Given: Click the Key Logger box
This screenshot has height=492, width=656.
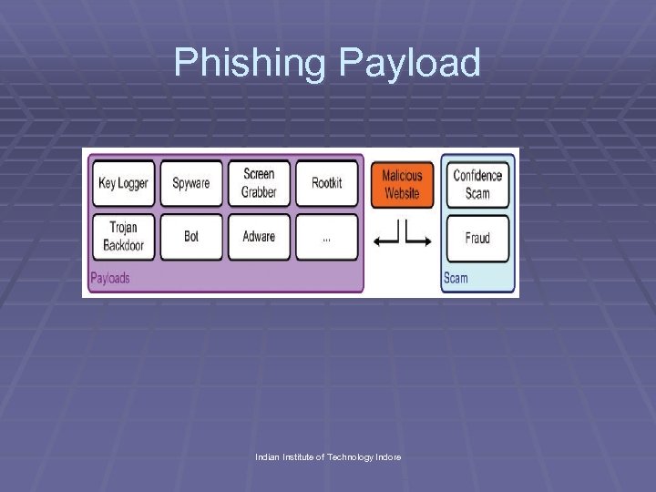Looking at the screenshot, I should tap(122, 183).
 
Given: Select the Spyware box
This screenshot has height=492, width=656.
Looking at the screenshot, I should tap(190, 183).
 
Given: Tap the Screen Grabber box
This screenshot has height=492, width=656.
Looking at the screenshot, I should tap(259, 183).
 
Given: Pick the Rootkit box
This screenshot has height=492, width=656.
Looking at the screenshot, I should tap(326, 183).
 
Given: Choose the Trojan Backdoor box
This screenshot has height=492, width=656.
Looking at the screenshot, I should tap(122, 237).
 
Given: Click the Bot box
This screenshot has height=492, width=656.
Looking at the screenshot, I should tap(190, 237).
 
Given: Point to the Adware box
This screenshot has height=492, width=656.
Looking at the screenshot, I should tap(259, 237).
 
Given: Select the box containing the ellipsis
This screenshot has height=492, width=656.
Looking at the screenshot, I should tap(326, 237).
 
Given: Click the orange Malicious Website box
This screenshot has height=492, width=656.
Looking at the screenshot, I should tap(402, 184).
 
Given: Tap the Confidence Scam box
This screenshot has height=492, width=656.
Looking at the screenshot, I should tap(477, 184).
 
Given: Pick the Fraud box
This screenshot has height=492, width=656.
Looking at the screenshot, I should tap(477, 238).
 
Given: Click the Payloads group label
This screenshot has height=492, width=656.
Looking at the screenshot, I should tap(110, 277).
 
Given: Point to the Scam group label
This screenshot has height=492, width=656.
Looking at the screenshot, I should tap(456, 278).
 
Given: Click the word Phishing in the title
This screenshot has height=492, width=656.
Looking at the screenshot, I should tap(251, 63).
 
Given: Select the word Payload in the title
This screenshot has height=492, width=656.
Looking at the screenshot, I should tap(409, 63).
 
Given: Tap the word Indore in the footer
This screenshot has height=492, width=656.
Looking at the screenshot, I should tap(387, 456).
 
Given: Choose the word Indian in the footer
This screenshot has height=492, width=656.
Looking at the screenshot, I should tap(268, 456).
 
